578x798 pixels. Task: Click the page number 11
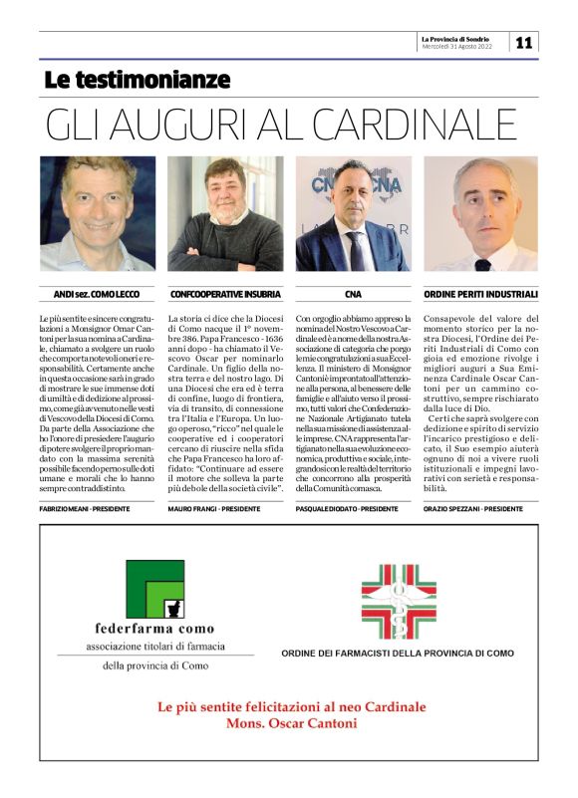[524, 42]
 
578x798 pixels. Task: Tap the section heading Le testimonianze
[137, 80]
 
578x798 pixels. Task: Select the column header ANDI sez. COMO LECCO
[97, 294]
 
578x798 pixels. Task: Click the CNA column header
[353, 294]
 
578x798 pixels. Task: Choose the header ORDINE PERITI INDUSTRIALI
[481, 294]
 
